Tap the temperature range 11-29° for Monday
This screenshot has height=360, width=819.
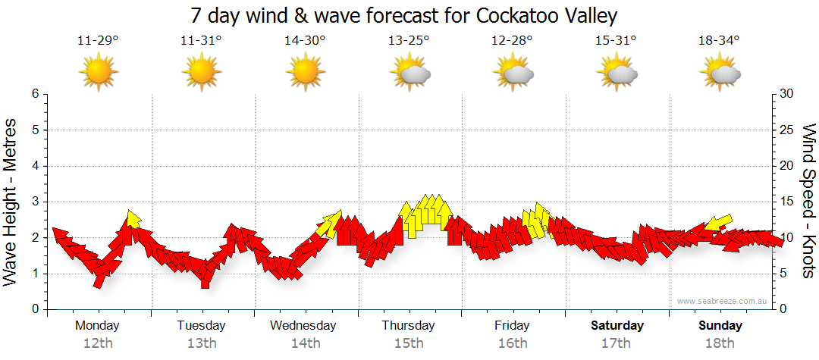click(x=98, y=41)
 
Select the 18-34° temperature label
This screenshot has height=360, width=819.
click(x=719, y=41)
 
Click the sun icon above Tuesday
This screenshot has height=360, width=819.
click(x=202, y=74)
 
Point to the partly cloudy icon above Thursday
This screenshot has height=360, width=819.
click(x=410, y=74)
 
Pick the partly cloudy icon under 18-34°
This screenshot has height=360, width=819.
click(x=720, y=74)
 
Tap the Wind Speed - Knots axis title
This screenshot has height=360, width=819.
click(x=808, y=201)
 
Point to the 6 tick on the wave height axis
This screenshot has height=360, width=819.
click(x=33, y=94)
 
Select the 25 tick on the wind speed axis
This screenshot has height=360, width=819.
click(x=788, y=130)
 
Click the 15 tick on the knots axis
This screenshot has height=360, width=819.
click(x=788, y=202)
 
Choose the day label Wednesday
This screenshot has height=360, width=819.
click(x=303, y=326)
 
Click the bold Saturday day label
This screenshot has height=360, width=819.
click(x=617, y=326)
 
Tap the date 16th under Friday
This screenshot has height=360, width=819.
click(x=513, y=343)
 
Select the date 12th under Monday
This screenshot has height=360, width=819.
click(x=98, y=343)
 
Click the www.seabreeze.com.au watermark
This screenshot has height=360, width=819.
click(x=723, y=301)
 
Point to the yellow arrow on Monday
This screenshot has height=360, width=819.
click(x=133, y=219)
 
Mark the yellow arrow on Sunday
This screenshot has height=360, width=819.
click(x=718, y=223)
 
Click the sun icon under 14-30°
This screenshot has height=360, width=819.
click(x=305, y=74)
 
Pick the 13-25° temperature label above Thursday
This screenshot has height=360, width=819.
click(x=409, y=41)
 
